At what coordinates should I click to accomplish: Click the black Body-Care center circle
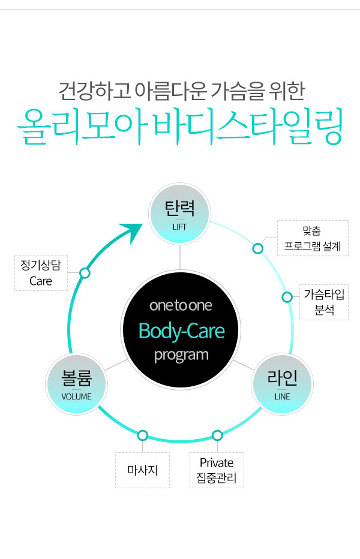click(181, 330)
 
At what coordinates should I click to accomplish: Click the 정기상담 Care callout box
click(41, 273)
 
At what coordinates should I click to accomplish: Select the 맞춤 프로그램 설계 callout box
click(313, 238)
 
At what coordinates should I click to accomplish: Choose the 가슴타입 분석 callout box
click(323, 302)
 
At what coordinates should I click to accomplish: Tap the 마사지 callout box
click(142, 470)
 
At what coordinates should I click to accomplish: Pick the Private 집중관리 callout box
click(217, 470)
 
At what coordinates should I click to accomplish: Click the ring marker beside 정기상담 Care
click(85, 273)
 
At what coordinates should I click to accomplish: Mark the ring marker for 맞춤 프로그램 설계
click(258, 248)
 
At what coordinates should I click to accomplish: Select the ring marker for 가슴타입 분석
click(287, 296)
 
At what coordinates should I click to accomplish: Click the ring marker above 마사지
click(143, 435)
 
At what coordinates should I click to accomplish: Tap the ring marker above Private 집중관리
click(217, 435)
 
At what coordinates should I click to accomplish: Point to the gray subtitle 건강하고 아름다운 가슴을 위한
click(180, 91)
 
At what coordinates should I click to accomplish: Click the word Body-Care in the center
click(181, 330)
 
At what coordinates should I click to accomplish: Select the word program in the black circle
click(181, 354)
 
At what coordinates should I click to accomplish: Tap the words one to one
click(181, 306)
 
